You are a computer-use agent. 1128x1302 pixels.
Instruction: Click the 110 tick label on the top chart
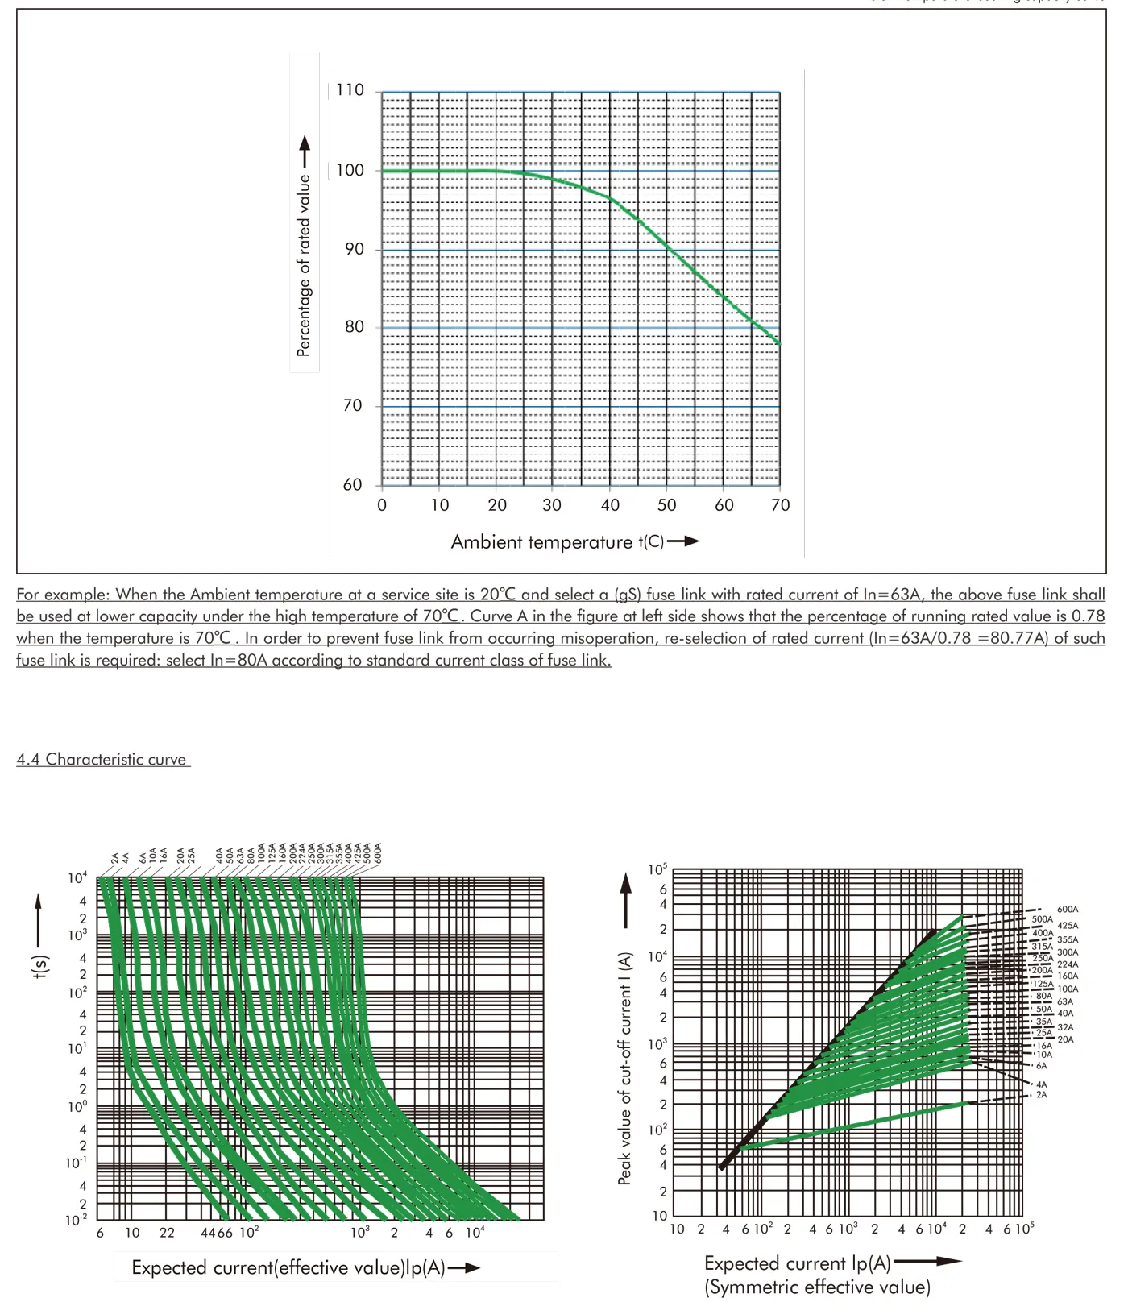coord(350,89)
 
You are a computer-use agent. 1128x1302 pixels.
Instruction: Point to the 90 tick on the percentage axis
coord(354,249)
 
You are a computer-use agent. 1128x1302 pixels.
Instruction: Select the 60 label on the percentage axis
coord(352,484)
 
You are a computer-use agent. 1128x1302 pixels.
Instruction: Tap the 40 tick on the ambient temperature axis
coord(610,505)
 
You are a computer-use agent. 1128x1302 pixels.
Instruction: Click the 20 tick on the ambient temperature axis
coord(497,505)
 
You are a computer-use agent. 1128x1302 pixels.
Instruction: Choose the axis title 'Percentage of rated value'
coord(304,266)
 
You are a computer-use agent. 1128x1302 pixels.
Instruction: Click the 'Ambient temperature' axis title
coord(541,542)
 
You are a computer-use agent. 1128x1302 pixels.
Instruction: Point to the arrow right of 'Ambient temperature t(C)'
coord(683,541)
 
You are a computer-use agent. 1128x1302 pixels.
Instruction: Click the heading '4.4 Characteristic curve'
coord(102,759)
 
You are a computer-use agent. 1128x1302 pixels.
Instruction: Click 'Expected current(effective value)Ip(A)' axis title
coord(288,1267)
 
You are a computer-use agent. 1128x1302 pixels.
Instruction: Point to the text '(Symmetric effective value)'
coord(817,1287)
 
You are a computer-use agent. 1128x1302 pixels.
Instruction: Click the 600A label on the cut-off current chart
coord(1067,910)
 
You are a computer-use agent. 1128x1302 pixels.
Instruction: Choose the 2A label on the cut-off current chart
coord(1041,1095)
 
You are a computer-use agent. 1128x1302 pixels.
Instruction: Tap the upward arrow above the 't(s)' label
coord(38,918)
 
